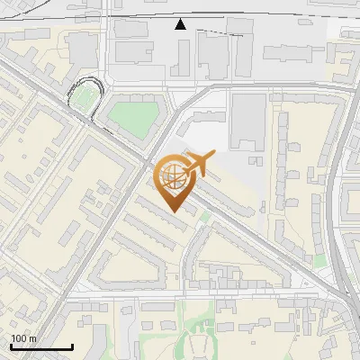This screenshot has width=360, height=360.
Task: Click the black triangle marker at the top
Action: click(181, 24)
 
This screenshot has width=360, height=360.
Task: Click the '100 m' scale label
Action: click(23, 338)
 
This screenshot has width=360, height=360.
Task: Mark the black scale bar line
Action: click(41, 346)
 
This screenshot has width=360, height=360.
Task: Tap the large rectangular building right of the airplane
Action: click(247, 121)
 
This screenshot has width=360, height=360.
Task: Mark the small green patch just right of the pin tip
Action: click(205, 216)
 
